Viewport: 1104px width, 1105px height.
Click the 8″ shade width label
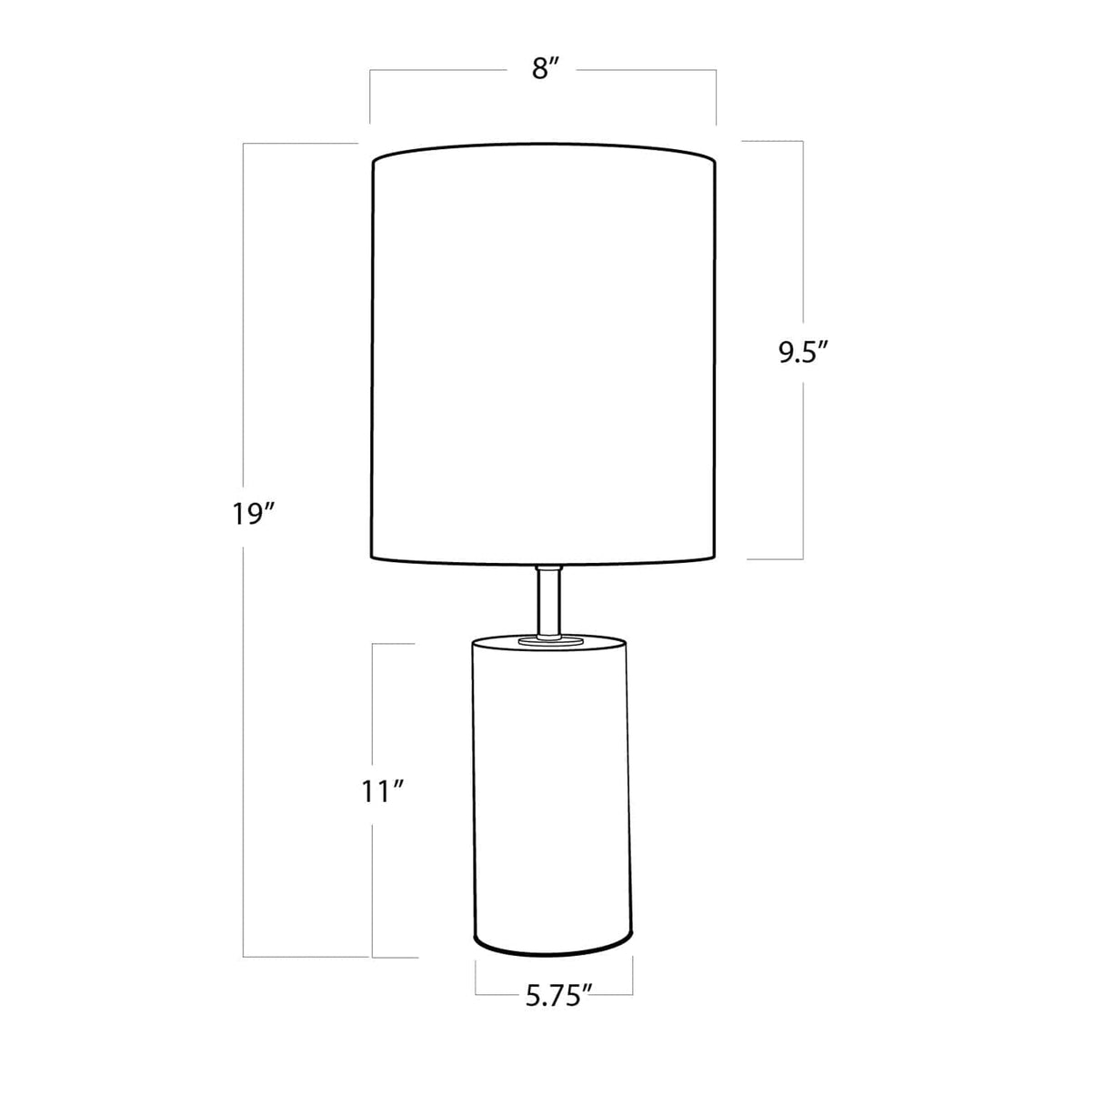pyautogui.click(x=543, y=69)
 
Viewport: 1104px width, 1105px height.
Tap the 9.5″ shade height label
pyautogui.click(x=803, y=352)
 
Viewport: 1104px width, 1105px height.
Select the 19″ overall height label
pyautogui.click(x=252, y=514)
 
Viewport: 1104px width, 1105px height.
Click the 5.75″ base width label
pyautogui.click(x=558, y=997)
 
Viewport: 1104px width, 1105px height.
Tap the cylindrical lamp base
pyautogui.click(x=550, y=791)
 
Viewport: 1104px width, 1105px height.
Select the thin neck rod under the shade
pyautogui.click(x=548, y=600)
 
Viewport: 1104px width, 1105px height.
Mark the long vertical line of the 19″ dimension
pyautogui.click(x=244, y=728)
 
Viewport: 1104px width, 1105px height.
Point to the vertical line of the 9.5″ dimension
pyautogui.click(x=803, y=227)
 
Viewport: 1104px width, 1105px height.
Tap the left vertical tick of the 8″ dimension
pyautogui.click(x=370, y=95)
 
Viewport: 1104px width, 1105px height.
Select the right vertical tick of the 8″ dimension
pyautogui.click(x=716, y=95)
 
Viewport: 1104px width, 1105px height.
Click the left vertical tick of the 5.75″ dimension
pyautogui.click(x=476, y=979)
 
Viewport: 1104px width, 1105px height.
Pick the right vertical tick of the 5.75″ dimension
pyautogui.click(x=633, y=979)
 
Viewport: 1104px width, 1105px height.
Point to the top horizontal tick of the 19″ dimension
pyautogui.click(x=300, y=143)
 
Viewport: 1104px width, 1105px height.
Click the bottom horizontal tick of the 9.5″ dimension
pyautogui.click(x=775, y=558)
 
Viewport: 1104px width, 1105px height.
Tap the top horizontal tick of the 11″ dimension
pyautogui.click(x=394, y=644)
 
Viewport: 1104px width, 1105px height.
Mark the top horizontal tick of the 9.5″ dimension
pyautogui.click(x=773, y=141)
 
